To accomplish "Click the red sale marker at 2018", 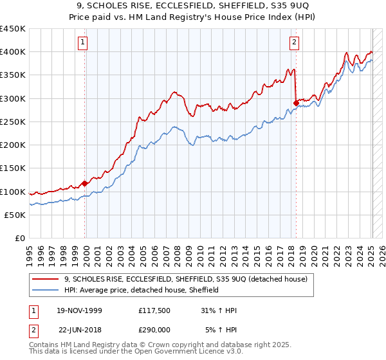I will click(x=296, y=103).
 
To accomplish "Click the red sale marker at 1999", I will click(x=85, y=183).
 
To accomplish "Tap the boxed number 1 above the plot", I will click(x=84, y=43).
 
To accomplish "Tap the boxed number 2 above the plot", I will click(x=294, y=43).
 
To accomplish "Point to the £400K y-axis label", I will click(x=13, y=52).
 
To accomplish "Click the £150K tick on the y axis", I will click(x=13, y=168).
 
